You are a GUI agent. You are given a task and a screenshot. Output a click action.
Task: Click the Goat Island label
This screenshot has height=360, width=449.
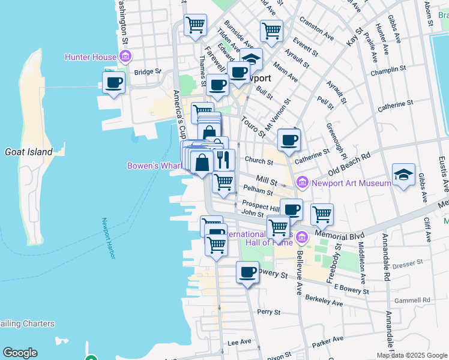point(28,152)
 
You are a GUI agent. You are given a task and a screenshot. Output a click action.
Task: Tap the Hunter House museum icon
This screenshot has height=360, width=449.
point(125,57)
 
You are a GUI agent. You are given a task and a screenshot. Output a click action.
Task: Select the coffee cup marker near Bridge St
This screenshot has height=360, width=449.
point(113,83)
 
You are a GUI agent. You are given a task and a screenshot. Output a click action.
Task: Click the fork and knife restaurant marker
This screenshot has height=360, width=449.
point(223,159)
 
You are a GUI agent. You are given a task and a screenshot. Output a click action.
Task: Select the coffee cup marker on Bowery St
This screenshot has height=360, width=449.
point(247,272)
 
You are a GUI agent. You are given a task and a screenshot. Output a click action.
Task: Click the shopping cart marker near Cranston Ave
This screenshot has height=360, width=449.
point(271,31)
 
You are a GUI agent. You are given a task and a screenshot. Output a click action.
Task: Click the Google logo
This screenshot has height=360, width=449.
point(20,353)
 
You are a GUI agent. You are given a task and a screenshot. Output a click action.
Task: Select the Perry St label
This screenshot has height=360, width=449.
point(268,312)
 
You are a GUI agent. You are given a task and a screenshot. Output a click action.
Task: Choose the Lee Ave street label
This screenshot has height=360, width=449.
point(239,342)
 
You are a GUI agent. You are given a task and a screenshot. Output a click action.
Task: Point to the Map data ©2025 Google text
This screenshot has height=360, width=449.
point(411,355)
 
